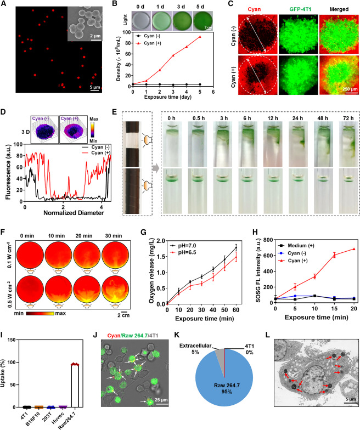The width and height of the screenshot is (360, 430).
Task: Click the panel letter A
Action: tap(5, 5)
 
